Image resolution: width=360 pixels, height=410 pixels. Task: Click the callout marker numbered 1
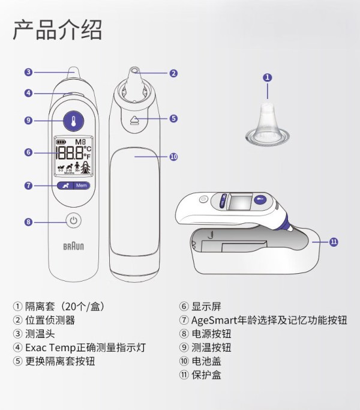coord(267,77)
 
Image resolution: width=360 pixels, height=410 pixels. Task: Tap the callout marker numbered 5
coord(173,118)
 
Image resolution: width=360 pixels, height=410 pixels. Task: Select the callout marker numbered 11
coord(334,242)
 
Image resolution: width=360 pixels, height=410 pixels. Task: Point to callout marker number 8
coord(28,222)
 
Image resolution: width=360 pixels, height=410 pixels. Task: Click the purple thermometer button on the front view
coord(73,121)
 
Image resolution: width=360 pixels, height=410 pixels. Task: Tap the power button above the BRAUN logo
coord(73,220)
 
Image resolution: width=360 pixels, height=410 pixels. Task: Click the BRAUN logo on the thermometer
coord(73,246)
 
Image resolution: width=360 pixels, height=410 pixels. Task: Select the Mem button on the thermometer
coord(82,185)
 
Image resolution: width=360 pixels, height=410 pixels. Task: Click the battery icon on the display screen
coord(61,142)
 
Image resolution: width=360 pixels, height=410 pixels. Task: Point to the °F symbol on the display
coord(88,156)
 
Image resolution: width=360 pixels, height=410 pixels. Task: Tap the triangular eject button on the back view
coord(134,119)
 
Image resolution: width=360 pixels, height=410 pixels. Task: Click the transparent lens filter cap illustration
coord(268,123)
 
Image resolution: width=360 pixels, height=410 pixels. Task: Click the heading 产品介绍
coord(57,30)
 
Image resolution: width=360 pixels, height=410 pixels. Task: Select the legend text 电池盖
coord(206,361)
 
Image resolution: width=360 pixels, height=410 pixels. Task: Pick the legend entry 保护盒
coord(206,375)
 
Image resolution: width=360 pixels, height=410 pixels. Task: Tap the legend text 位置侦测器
coord(50,320)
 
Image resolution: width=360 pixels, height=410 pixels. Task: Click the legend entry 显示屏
coord(206,307)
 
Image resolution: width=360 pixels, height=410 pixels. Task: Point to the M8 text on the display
coord(80,142)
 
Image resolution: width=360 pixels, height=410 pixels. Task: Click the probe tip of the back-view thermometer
coord(134,70)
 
